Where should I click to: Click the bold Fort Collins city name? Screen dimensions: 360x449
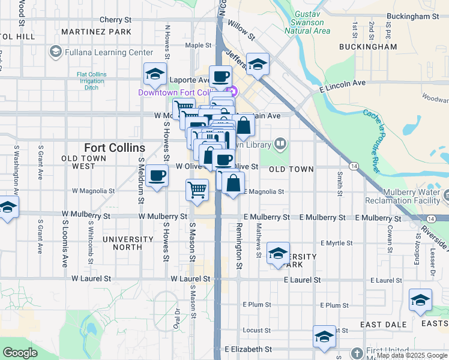click(114, 148)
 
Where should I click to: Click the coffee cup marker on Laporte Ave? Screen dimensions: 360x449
click(220, 76)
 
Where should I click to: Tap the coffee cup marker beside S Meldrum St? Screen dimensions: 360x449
click(157, 175)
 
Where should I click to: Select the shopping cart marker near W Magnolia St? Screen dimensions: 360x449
click(197, 190)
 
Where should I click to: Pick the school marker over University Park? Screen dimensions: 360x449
click(278, 253)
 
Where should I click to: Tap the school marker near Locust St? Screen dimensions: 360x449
click(324, 337)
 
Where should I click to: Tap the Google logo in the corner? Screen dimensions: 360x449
click(20, 353)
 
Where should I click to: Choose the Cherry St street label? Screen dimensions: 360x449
click(115, 20)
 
